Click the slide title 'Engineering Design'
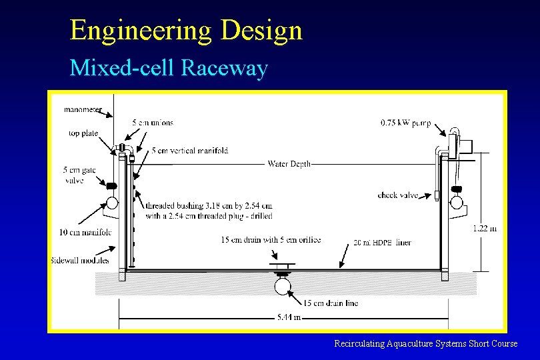pyautogui.click(x=186, y=30)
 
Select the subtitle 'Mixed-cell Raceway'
pyautogui.click(x=169, y=68)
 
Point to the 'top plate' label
pyautogui.click(x=83, y=133)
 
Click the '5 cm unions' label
pyautogui.click(x=153, y=123)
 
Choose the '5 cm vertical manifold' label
pyautogui.click(x=190, y=151)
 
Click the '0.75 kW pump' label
pyautogui.click(x=405, y=123)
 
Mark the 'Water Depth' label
pyautogui.click(x=289, y=164)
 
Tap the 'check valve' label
pyautogui.click(x=398, y=195)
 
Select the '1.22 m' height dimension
pyautogui.click(x=485, y=229)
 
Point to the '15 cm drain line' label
pyautogui.click(x=331, y=303)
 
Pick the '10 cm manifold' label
pyautogui.click(x=85, y=232)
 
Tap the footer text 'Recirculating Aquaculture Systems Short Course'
pyautogui.click(x=425, y=343)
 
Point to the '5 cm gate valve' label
pyautogui.click(x=80, y=175)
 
